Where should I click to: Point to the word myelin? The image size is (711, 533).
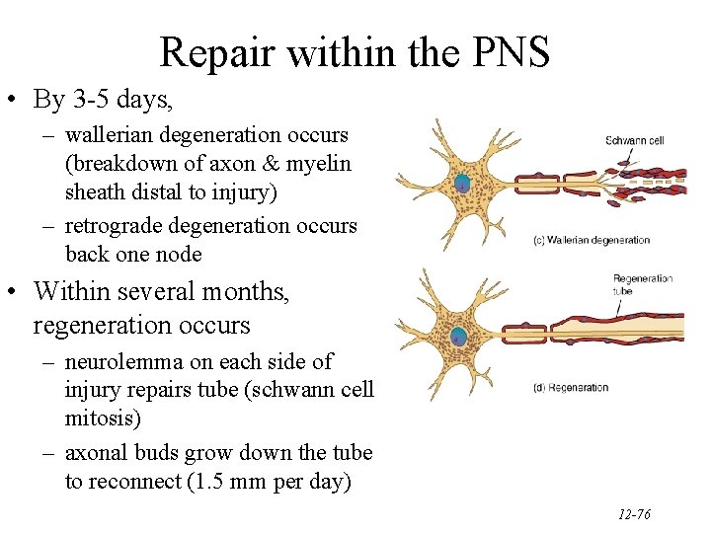point(319,163)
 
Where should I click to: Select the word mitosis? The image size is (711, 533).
point(103,419)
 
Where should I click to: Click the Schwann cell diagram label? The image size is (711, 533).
point(634,140)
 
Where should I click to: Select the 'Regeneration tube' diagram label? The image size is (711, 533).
point(642,285)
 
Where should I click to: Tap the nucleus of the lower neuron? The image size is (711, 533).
point(459,337)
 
